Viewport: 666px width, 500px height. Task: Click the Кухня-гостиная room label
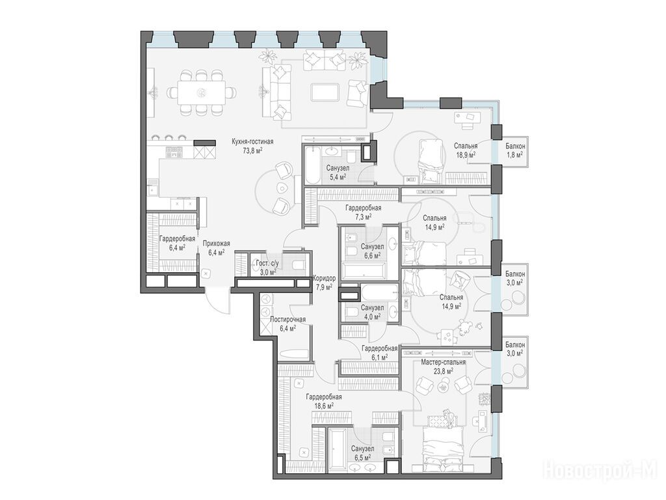click(x=252, y=141)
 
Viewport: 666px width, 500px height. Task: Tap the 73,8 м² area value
click(x=252, y=150)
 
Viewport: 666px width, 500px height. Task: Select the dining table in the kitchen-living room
click(x=202, y=92)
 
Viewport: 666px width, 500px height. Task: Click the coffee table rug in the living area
click(x=325, y=92)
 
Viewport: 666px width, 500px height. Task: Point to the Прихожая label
click(x=216, y=243)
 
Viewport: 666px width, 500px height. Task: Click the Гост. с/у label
click(x=267, y=264)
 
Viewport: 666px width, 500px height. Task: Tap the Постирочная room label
click(x=287, y=320)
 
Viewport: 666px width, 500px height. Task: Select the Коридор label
click(x=324, y=279)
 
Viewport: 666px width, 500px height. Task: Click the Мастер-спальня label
click(x=443, y=362)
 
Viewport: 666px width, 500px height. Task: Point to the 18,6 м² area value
click(x=324, y=405)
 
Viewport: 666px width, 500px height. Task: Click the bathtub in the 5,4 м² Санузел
click(x=312, y=165)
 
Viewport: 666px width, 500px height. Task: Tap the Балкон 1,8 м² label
click(x=515, y=150)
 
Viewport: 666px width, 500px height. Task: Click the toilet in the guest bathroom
click(x=298, y=266)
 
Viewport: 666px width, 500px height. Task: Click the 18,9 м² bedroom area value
click(x=466, y=154)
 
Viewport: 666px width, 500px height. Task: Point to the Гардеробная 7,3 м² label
click(x=363, y=212)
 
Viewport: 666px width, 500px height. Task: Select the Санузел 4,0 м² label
click(x=372, y=312)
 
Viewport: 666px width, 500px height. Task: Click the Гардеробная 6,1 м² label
click(x=379, y=353)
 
